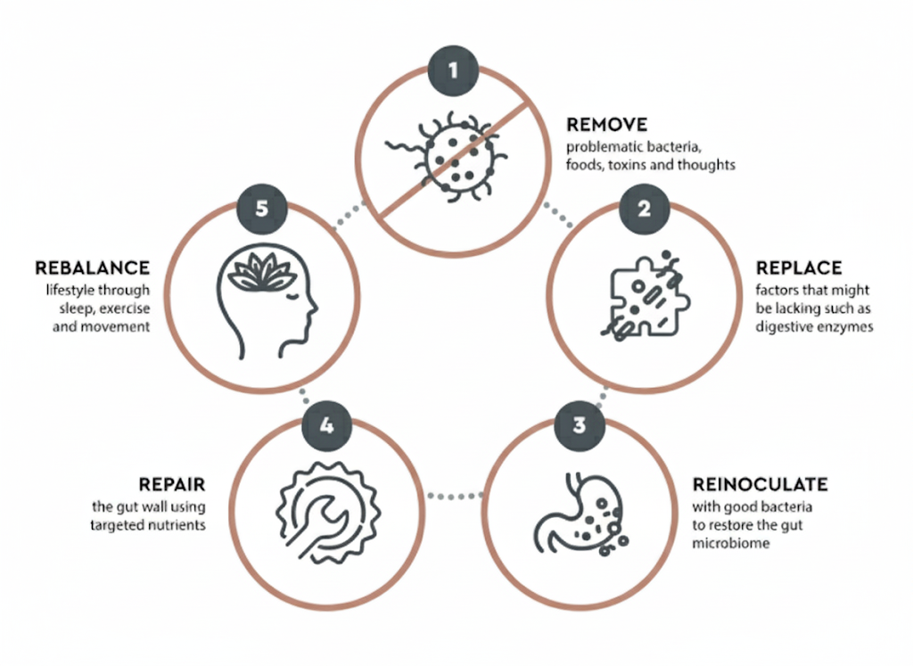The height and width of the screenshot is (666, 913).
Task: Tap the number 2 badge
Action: (642, 209)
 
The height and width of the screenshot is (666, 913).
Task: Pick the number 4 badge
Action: (326, 425)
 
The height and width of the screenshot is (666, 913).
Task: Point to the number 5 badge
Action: (262, 209)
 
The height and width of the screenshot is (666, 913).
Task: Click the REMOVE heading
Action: (606, 125)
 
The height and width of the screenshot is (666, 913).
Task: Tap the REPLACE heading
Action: (799, 267)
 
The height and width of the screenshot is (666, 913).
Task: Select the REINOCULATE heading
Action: (760, 485)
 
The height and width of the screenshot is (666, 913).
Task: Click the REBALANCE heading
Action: (93, 267)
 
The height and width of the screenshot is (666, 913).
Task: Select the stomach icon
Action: (579, 513)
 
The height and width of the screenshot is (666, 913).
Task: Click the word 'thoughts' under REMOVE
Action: (706, 165)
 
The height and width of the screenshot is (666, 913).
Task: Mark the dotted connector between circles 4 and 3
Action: (452, 493)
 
